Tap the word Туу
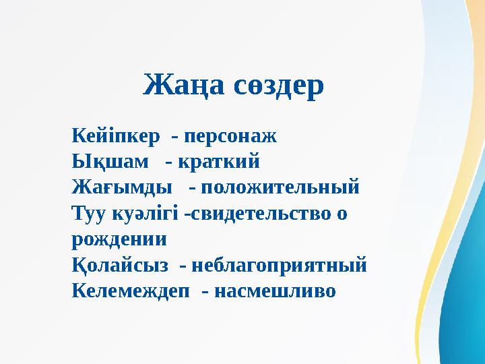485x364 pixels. (85, 213)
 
